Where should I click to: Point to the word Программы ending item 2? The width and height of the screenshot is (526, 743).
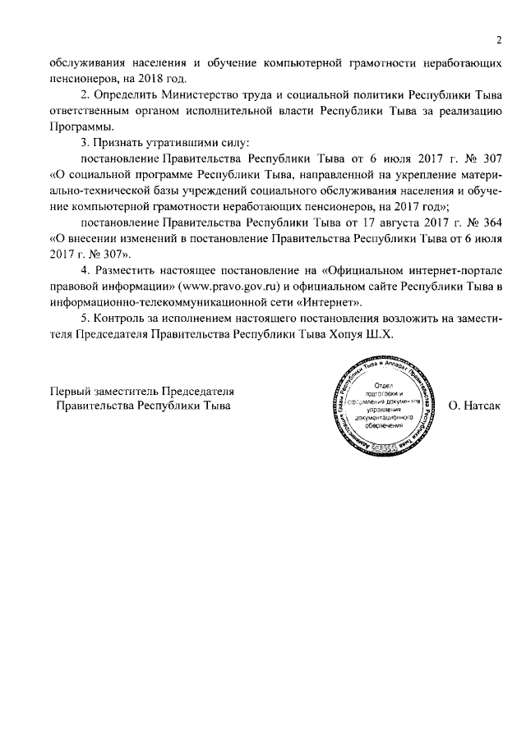[x=81, y=128]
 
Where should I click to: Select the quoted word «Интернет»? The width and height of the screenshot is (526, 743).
[x=332, y=302]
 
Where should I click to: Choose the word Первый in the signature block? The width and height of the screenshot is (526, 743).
[x=70, y=390]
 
